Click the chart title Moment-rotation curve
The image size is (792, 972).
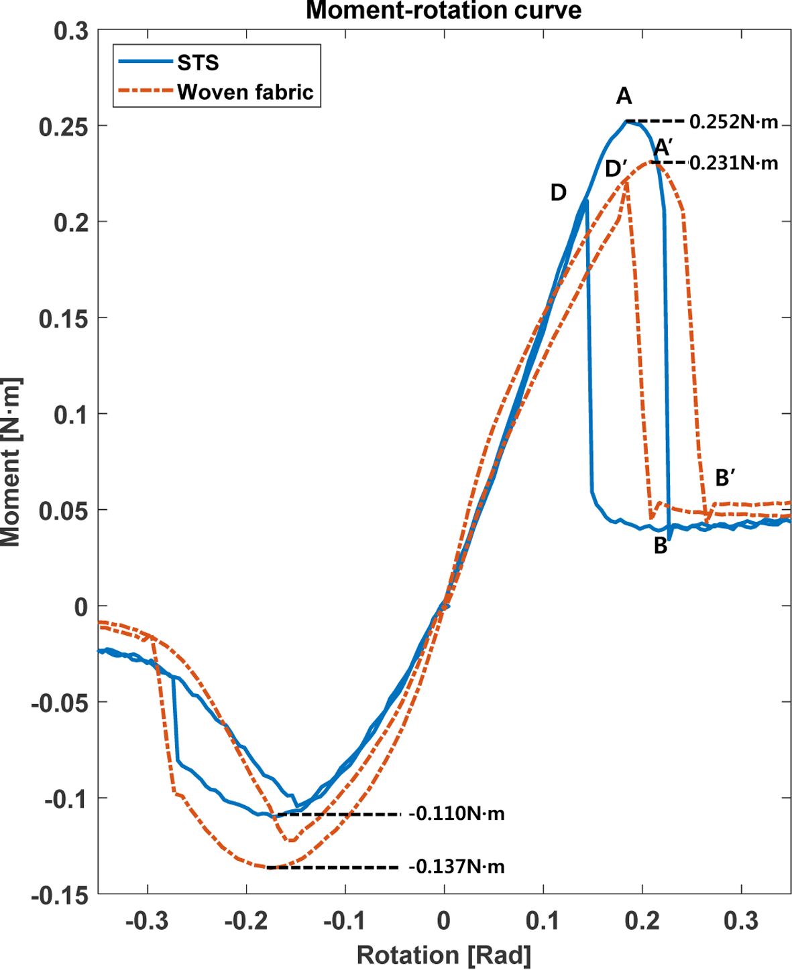point(443,10)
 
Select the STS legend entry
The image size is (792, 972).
point(198,62)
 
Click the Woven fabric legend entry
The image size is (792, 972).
point(245,92)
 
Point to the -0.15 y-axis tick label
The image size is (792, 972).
point(60,895)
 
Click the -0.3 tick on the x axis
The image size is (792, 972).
point(147,921)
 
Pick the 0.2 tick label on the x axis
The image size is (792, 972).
point(642,921)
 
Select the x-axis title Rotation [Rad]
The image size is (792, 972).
point(443,955)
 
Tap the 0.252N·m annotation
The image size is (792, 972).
point(734,122)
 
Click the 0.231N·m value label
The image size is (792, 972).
point(734,163)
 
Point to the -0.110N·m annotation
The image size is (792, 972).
point(457,814)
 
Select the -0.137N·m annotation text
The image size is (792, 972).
point(457,867)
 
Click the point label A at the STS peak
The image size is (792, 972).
point(624,97)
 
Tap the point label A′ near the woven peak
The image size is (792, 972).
point(663,147)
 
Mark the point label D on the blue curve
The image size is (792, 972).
point(558,193)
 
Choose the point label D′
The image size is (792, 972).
point(616,169)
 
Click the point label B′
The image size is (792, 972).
point(725,478)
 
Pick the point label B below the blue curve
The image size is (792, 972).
point(661,547)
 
